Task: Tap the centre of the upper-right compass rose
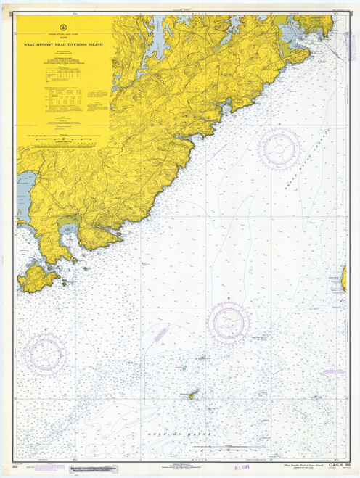click(x=279, y=149)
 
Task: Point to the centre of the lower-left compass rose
click(x=45, y=353)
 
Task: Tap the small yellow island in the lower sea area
click(x=193, y=395)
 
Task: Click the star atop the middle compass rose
click(x=229, y=298)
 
